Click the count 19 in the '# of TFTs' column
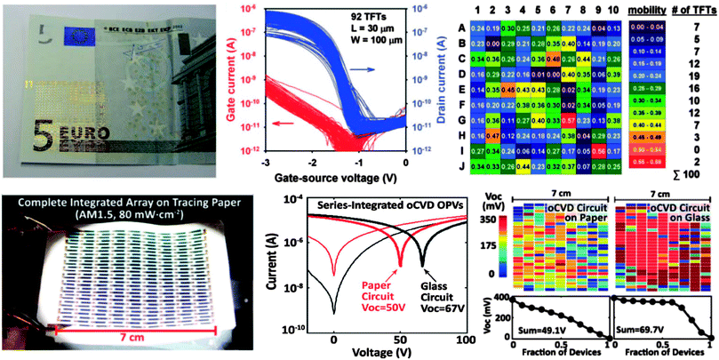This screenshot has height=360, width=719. point(693,76)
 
